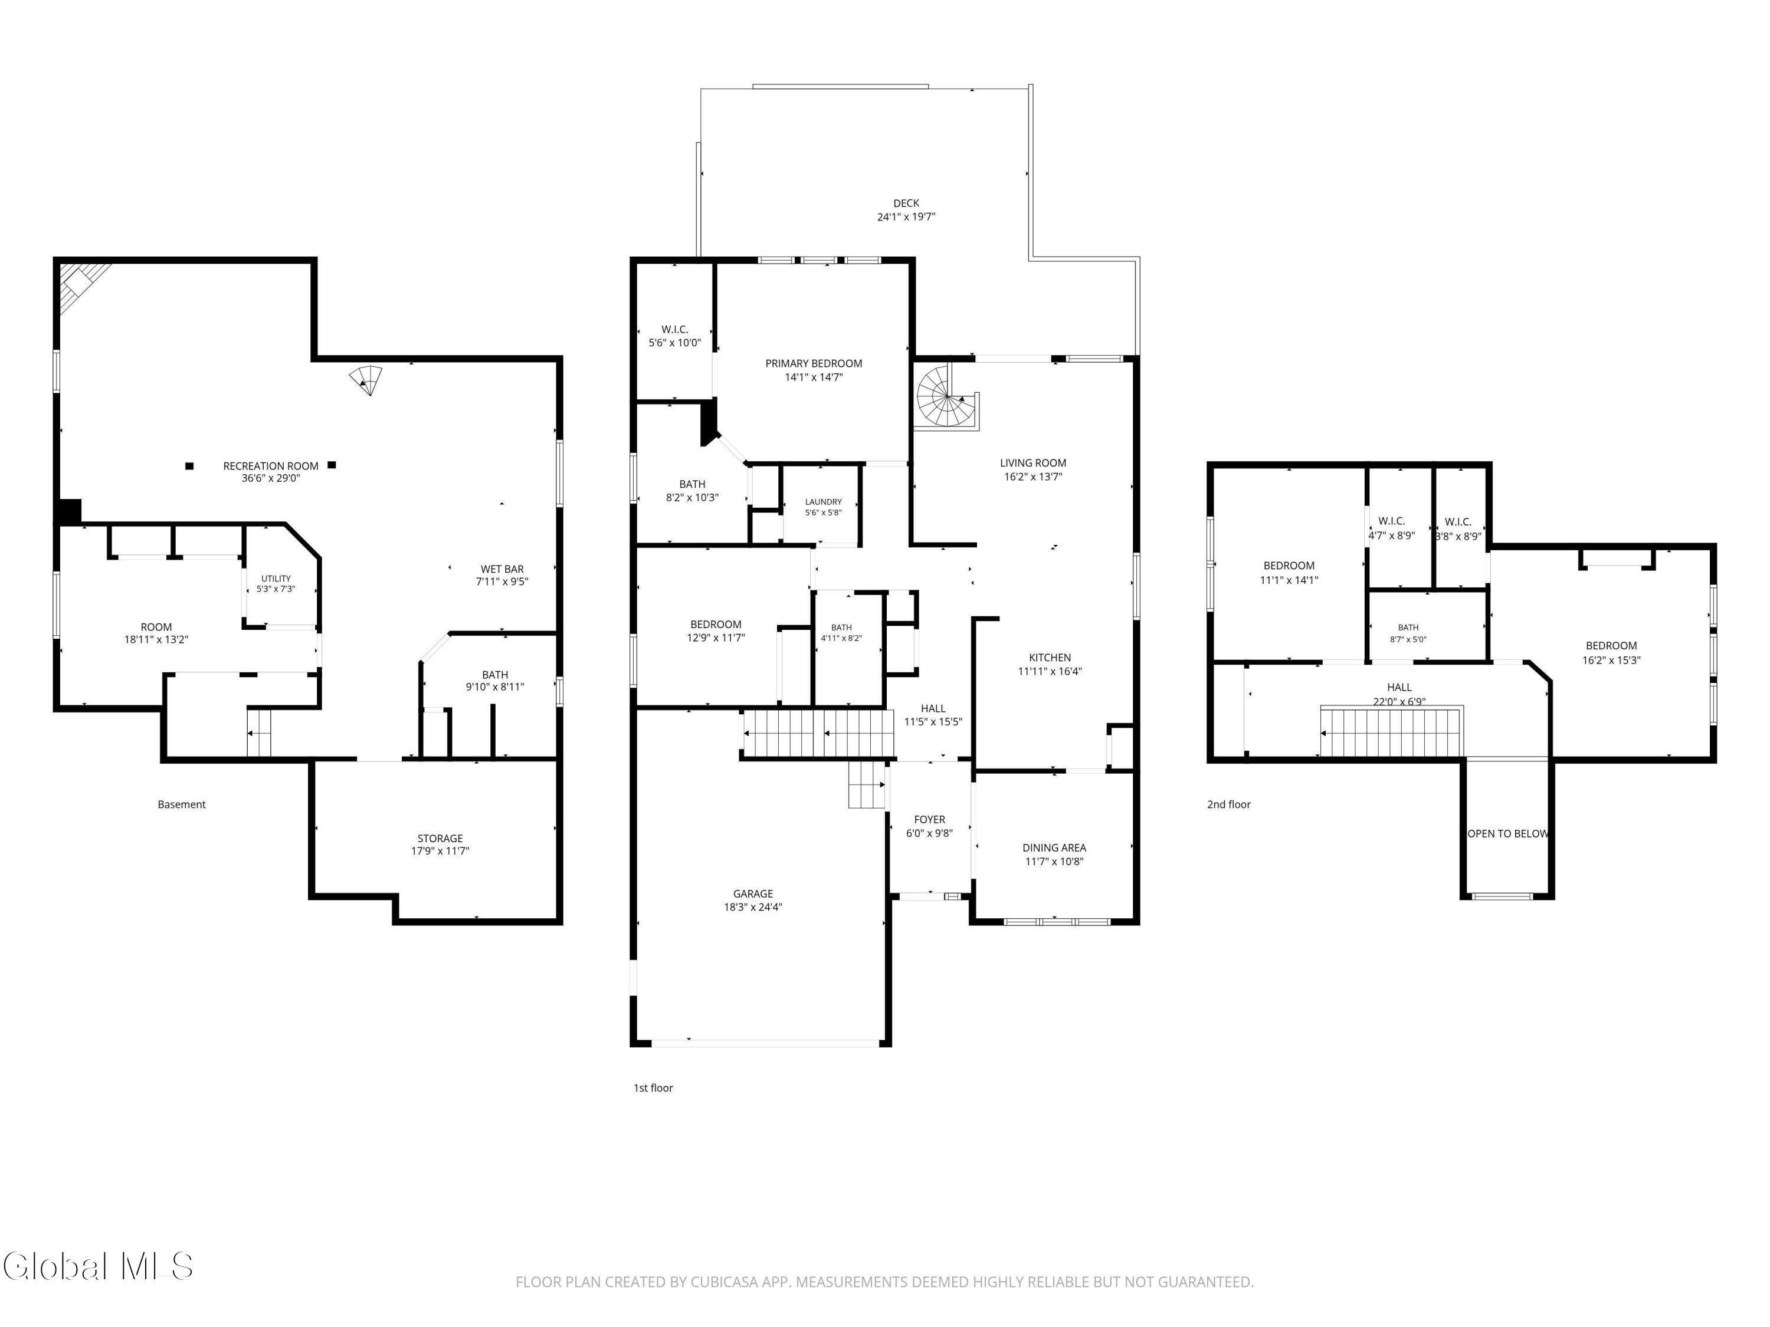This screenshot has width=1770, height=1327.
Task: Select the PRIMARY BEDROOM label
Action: pos(814,363)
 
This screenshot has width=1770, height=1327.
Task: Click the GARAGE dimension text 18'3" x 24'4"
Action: pos(753,907)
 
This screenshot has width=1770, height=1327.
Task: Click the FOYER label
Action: pos(930,819)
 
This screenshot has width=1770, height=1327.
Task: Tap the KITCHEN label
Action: pos(1050,658)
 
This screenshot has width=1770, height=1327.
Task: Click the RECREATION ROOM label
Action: pos(270,465)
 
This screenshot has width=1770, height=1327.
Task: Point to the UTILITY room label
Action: pos(276,579)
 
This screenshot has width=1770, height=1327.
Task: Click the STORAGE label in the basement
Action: pos(440,838)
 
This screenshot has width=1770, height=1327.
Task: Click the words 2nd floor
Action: pos(1228,804)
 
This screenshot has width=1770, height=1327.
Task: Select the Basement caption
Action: pos(182,804)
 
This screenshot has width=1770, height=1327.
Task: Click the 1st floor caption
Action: pos(653,1088)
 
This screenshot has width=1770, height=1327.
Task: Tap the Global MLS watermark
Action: pos(97,1266)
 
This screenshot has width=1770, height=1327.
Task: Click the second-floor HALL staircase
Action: pos(1391,731)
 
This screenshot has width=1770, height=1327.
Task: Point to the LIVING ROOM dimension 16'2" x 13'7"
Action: pos(1033,477)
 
